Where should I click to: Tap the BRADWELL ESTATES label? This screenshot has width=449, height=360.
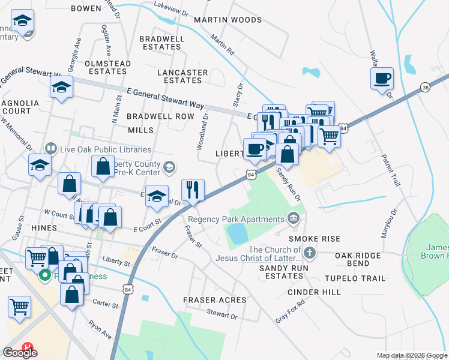coord(161,43)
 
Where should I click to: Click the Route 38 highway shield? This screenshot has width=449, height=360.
coord(425,87)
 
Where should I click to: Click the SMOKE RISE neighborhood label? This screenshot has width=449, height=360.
coord(322,238)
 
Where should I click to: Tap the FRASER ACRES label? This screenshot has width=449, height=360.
coord(215,299)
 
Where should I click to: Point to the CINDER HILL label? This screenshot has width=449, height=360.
coord(315,292)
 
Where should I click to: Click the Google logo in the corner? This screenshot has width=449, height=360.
coord(20,352)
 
